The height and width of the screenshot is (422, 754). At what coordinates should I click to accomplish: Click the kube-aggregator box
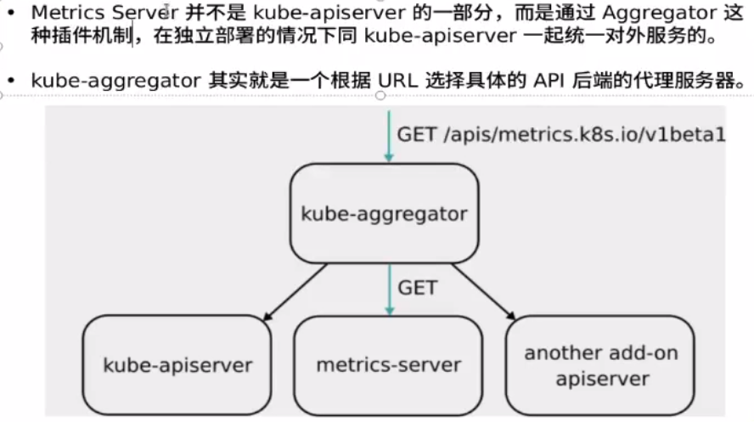[x=384, y=212]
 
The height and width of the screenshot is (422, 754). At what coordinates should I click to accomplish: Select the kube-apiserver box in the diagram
[x=177, y=365]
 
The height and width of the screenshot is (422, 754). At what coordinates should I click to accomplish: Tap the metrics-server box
[x=388, y=365]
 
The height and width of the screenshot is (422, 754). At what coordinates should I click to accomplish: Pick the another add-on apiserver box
[x=601, y=365]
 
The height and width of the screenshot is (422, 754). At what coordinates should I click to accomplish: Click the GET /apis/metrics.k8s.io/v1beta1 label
[x=561, y=134]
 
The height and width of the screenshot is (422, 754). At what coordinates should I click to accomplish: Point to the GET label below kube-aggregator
[x=417, y=287]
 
